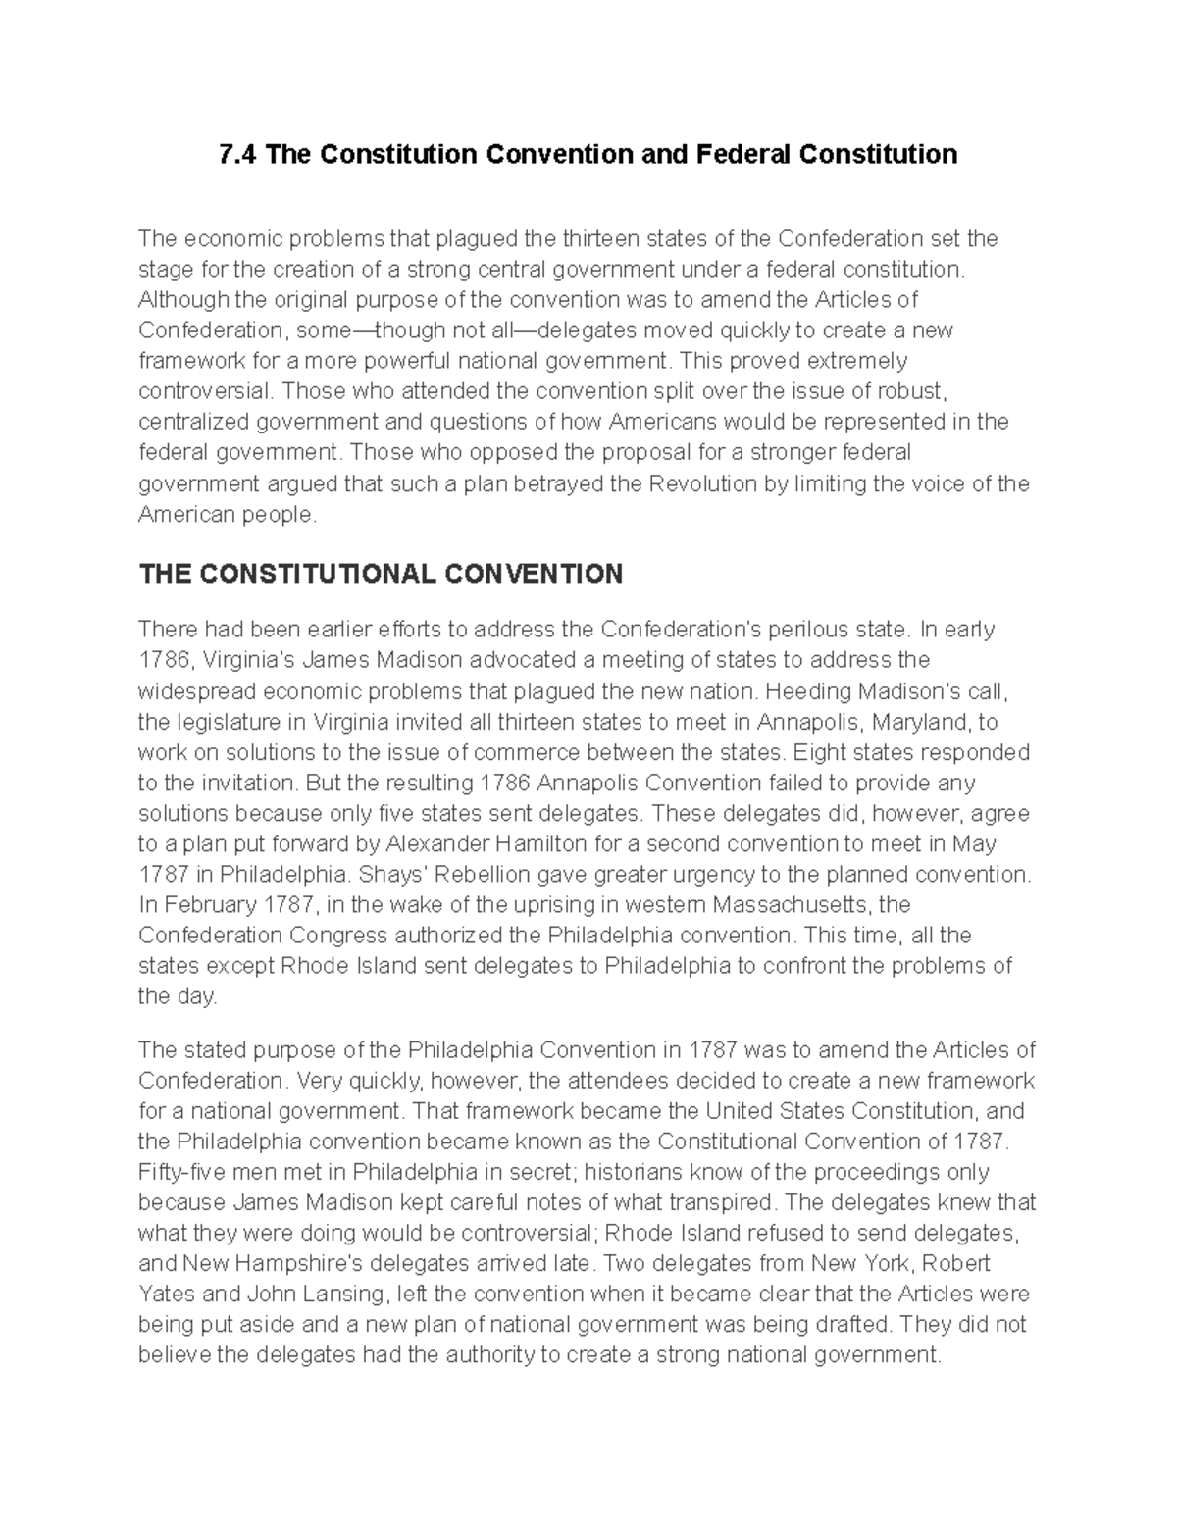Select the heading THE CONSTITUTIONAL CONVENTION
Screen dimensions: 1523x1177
(x=381, y=574)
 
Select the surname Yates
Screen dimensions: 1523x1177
(x=167, y=1294)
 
